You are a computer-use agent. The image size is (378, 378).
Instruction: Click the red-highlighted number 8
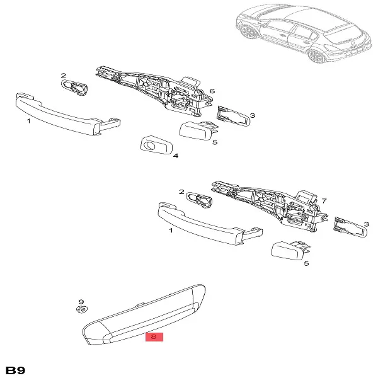coord(154,337)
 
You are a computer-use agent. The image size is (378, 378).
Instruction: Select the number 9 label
coord(81,302)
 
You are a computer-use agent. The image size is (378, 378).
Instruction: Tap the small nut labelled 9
coord(81,311)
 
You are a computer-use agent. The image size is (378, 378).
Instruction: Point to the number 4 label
coord(175,156)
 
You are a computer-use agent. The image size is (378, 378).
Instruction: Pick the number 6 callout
coord(212,91)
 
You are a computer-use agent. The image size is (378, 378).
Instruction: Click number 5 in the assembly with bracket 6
coord(214,142)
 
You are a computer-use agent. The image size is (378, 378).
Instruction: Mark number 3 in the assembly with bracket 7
coord(365,224)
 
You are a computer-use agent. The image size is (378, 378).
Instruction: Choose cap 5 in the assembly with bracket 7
coord(287,251)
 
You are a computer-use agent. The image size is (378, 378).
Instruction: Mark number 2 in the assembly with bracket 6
coord(63,76)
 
